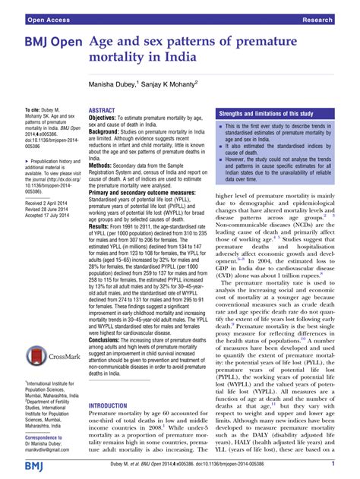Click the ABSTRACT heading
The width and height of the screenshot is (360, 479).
coord(105,110)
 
